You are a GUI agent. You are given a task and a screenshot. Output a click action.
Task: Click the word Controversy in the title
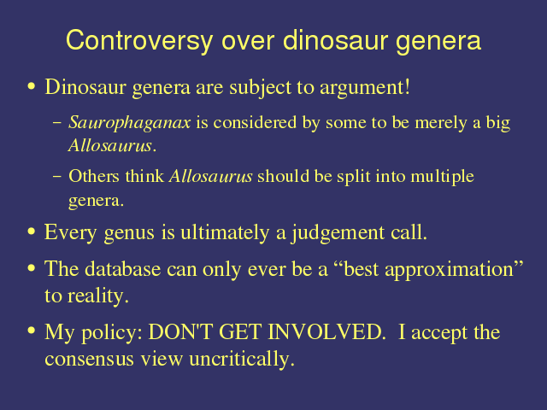click(139, 41)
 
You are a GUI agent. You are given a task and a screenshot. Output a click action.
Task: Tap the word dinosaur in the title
click(336, 40)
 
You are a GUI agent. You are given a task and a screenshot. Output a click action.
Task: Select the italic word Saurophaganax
click(130, 123)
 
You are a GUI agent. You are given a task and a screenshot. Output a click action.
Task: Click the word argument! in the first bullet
click(365, 88)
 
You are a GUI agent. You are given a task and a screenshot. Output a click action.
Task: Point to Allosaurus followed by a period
click(112, 145)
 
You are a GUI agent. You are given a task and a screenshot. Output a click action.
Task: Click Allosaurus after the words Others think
click(211, 176)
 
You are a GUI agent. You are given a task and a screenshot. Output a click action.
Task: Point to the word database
click(123, 269)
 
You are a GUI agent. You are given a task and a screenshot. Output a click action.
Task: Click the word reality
click(98, 296)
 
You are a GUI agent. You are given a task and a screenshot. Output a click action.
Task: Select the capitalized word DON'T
click(180, 331)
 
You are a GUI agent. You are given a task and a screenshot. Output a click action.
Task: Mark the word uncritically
click(242, 360)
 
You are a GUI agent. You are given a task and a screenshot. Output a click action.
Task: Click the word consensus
click(89, 360)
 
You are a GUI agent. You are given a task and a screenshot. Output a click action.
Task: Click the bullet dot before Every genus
click(32, 231)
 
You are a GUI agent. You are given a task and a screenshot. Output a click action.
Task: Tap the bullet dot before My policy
click(32, 331)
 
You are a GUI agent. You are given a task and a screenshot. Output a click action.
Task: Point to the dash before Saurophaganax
click(57, 123)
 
